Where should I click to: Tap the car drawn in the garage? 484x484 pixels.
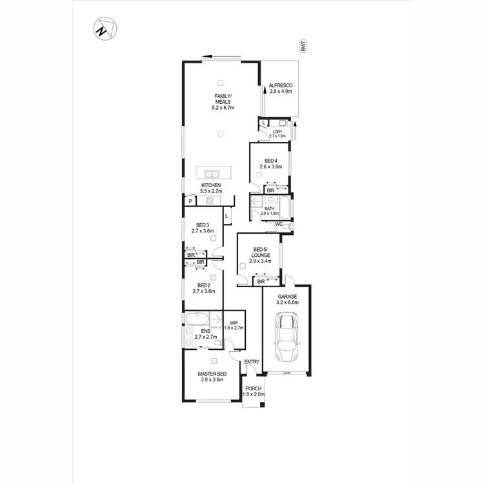(x=285, y=337)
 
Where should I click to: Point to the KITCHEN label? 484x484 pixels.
(x=211, y=185)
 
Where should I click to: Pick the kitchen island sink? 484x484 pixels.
(x=211, y=173)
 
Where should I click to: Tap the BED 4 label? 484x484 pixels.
(x=271, y=161)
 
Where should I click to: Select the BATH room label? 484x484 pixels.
(x=269, y=208)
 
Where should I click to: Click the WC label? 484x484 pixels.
(x=279, y=224)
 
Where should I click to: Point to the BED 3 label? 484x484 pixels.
(x=203, y=225)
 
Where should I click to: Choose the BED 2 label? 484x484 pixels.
(x=203, y=285)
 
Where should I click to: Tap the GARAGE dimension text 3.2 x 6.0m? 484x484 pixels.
(x=288, y=302)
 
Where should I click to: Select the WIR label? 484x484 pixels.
(x=233, y=323)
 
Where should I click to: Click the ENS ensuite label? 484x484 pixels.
(x=205, y=331)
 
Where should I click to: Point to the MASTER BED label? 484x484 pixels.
(x=211, y=374)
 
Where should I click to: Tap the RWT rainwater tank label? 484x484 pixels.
(x=302, y=45)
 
